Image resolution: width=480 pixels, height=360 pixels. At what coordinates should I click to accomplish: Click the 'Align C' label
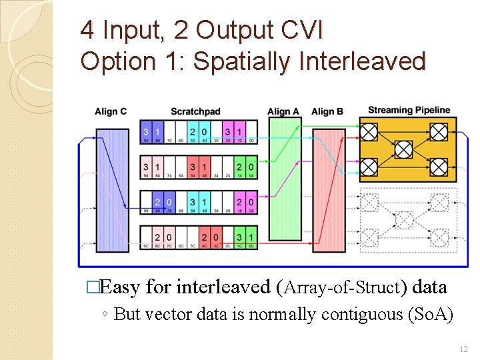pyautogui.click(x=111, y=111)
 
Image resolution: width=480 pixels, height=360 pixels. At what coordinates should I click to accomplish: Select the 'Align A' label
pyautogui.click(x=283, y=111)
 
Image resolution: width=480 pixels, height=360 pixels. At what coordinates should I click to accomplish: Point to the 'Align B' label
pyautogui.click(x=327, y=111)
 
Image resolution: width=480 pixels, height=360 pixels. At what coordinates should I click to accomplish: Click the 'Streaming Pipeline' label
pyautogui.click(x=409, y=110)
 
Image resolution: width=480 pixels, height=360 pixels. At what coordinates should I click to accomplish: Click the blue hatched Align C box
pyautogui.click(x=112, y=191)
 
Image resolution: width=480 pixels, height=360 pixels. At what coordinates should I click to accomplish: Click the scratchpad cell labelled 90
pyautogui.click(x=146, y=132)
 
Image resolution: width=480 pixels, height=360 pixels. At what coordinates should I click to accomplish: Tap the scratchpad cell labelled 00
pyautogui.click(x=250, y=132)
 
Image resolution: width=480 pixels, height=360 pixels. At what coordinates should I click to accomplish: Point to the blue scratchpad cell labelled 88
pyautogui.click(x=157, y=202)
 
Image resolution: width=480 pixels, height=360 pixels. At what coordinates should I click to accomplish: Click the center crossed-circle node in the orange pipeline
pyautogui.click(x=403, y=149)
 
